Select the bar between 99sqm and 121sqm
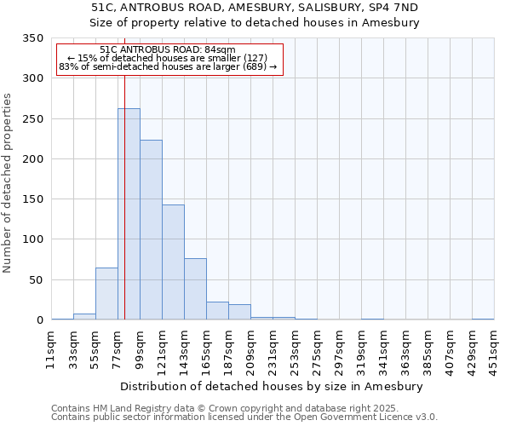(x=151, y=230)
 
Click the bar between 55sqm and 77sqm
(x=106, y=294)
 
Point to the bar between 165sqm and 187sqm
(x=217, y=311)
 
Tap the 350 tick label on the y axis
(x=32, y=38)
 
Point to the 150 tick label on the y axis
(x=32, y=199)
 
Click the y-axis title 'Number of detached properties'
(x=8, y=183)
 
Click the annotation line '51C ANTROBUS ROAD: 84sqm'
(x=167, y=50)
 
